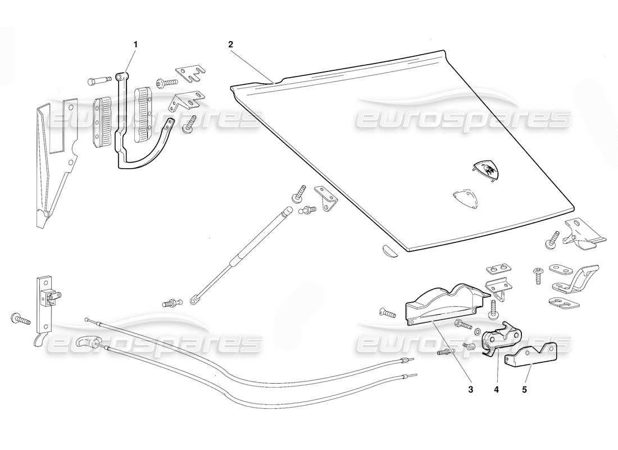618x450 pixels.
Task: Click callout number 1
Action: point(135,43)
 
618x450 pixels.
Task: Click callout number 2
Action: point(230,43)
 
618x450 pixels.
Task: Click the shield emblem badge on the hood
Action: point(487,169)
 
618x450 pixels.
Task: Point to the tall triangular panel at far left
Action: point(53,163)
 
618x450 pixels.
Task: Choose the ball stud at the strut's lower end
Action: point(170,303)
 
